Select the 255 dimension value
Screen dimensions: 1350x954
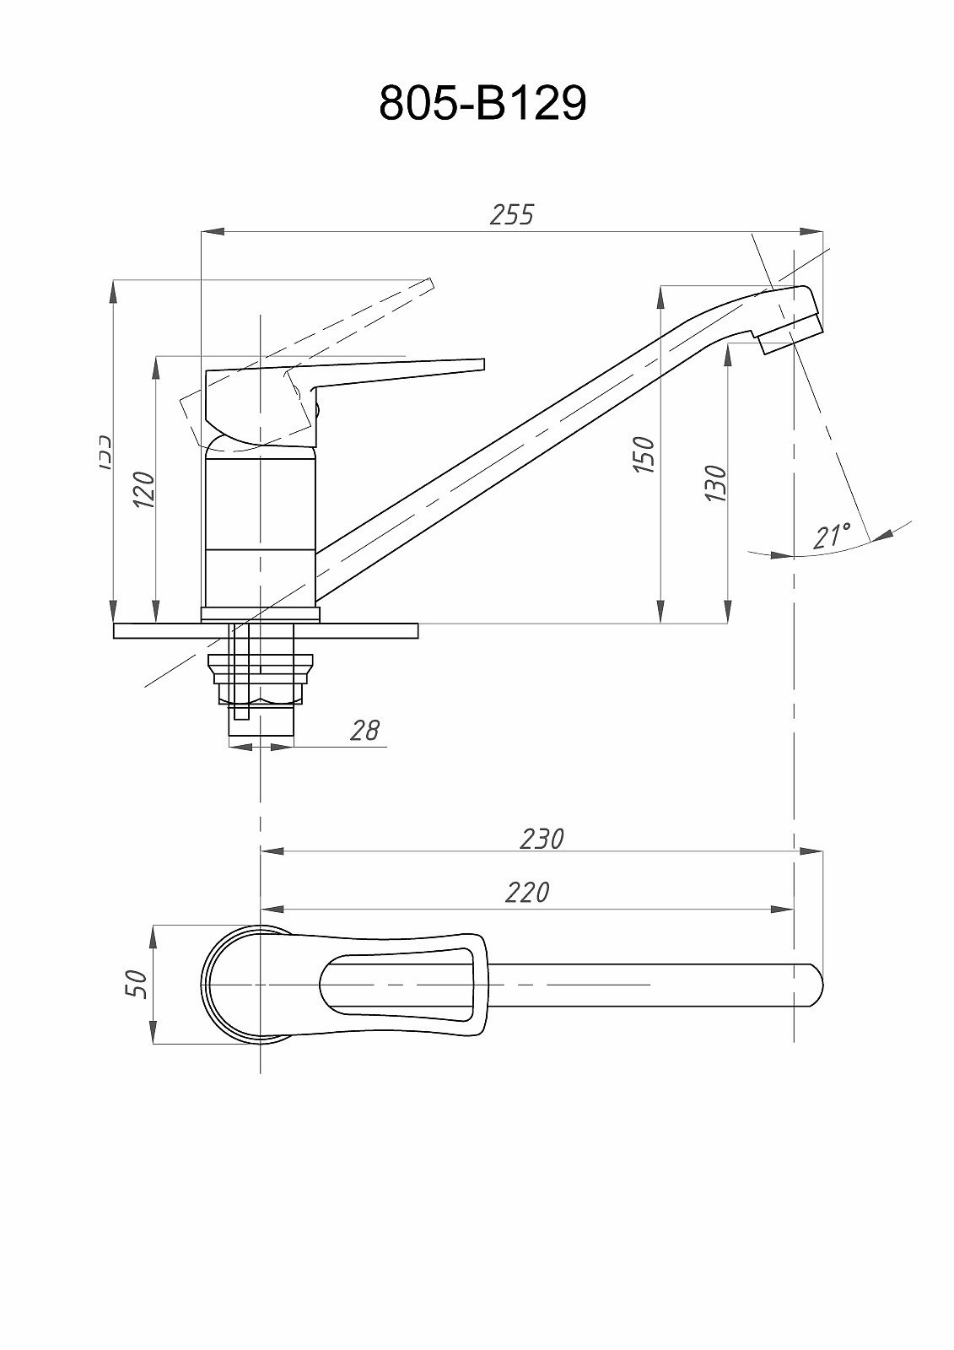[512, 215]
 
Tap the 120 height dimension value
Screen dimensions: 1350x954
[144, 489]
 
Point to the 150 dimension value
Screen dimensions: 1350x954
[644, 455]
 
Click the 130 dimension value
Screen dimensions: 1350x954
[715, 483]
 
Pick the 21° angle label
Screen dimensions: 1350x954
[832, 537]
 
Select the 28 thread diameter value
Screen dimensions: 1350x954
[364, 730]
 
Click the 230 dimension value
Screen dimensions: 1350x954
[542, 839]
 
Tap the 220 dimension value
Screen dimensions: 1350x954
[527, 893]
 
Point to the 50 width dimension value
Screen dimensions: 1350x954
[137, 984]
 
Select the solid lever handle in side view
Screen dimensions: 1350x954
[396, 371]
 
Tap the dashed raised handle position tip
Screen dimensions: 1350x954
[428, 284]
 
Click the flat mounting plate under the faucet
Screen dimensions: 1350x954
[266, 631]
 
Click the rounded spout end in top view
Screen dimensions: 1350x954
[815, 985]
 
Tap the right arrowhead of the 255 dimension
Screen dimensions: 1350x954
[813, 229]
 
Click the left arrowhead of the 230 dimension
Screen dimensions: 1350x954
[271, 852]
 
